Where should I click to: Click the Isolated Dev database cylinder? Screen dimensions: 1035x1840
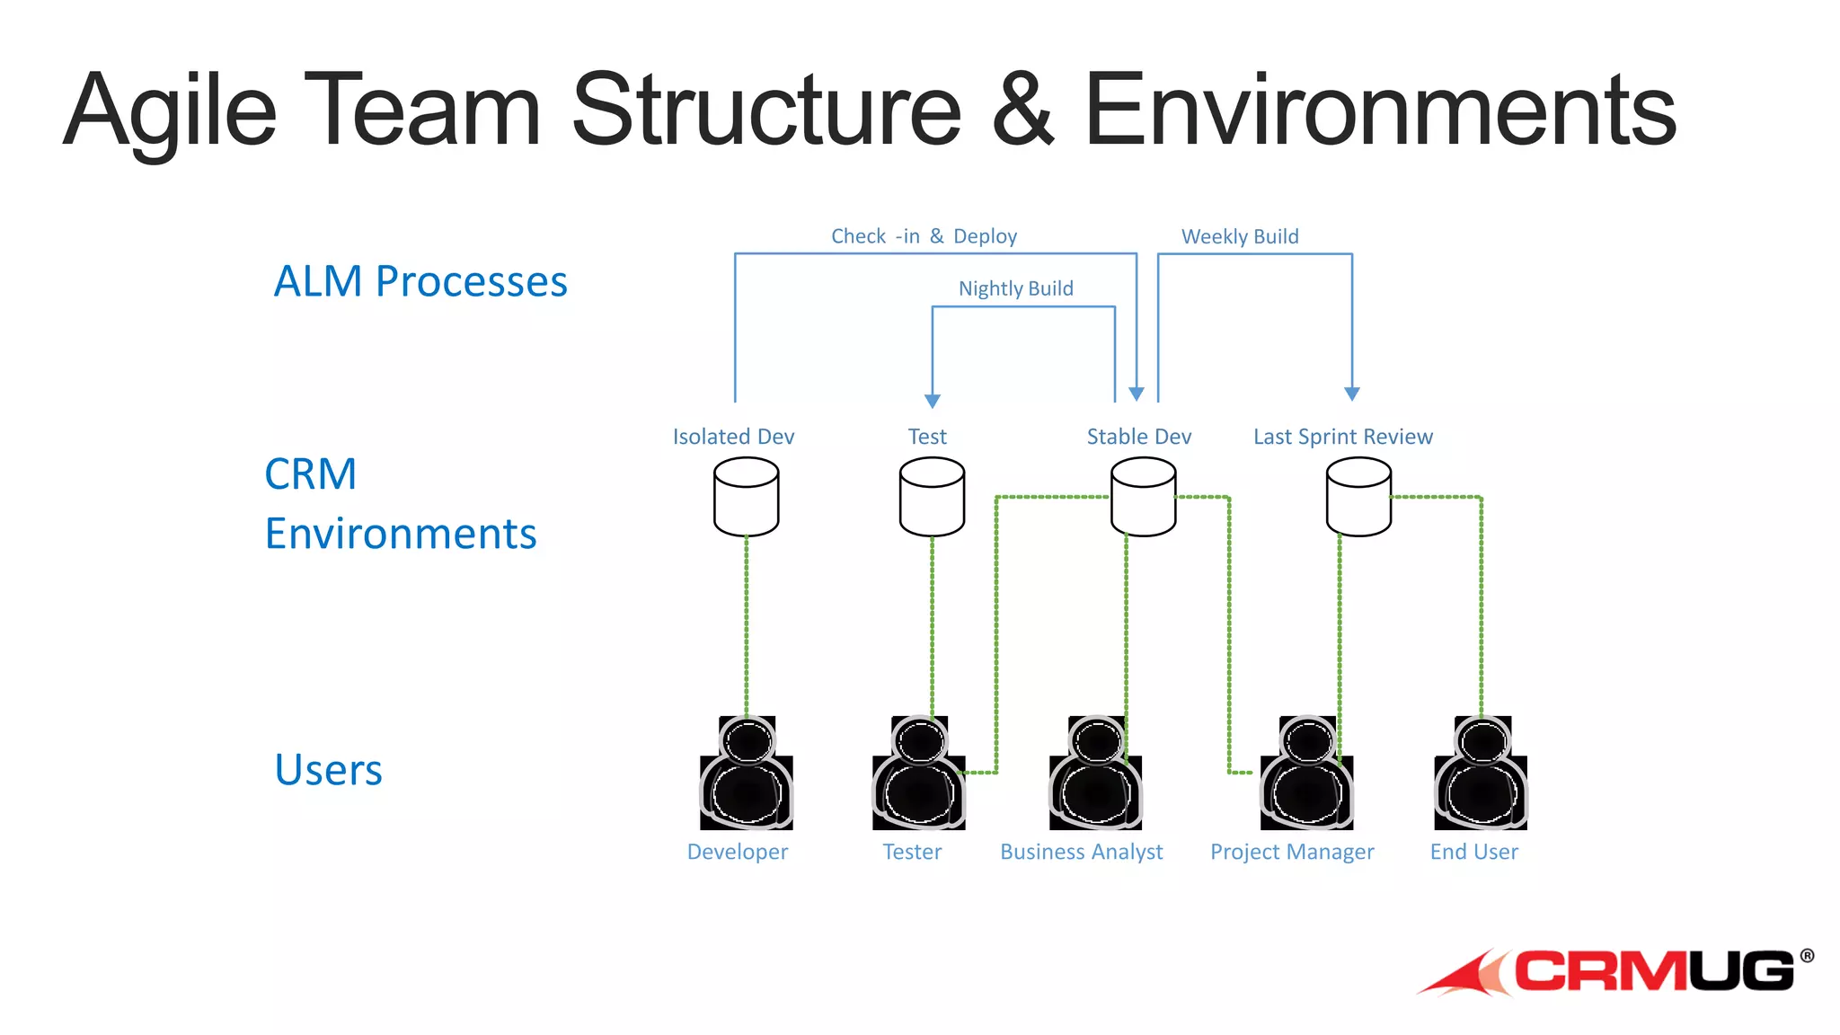[x=746, y=497]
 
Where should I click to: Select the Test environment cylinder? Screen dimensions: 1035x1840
[x=932, y=497]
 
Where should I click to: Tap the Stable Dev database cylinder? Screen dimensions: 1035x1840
[x=1143, y=497]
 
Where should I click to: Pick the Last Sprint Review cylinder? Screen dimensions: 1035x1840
[x=1358, y=497]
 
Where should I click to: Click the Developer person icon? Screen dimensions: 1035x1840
[x=746, y=774]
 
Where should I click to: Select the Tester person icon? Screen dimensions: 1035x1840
[x=918, y=774]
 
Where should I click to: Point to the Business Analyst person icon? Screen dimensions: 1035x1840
[x=1095, y=774]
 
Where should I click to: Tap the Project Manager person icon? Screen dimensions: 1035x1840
[x=1306, y=774]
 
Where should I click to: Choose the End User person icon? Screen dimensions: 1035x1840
[x=1481, y=774]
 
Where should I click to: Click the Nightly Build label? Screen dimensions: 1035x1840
[x=1015, y=288]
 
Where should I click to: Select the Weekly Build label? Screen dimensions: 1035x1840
[x=1240, y=236]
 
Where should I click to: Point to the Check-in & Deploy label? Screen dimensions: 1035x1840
[x=924, y=236]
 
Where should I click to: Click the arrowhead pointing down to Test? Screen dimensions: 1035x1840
[x=933, y=401]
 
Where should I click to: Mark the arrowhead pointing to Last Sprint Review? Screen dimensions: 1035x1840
[x=1352, y=394]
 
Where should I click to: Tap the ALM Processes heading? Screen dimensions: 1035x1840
[x=420, y=281]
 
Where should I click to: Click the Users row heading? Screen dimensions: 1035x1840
[x=328, y=770]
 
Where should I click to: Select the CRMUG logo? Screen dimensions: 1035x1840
[x=1617, y=972]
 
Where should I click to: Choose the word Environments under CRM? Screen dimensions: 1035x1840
[x=401, y=534]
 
